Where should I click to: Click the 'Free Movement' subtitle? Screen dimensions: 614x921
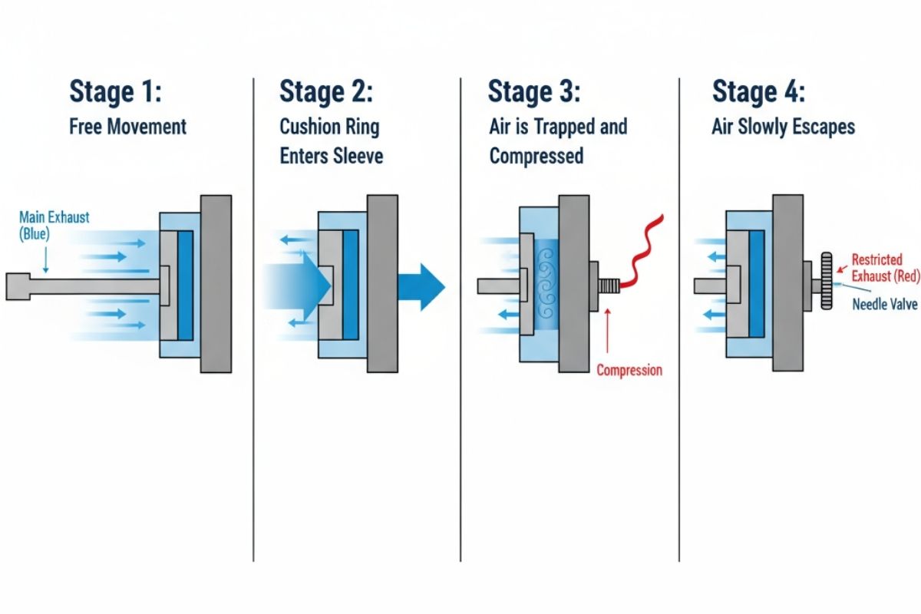(x=127, y=126)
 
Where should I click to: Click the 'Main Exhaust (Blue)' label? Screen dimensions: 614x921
(x=54, y=225)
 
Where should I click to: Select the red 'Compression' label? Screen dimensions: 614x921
(x=629, y=371)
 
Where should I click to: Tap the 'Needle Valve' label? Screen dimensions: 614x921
(x=885, y=305)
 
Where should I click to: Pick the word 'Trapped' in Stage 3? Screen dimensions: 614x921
(x=559, y=126)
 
